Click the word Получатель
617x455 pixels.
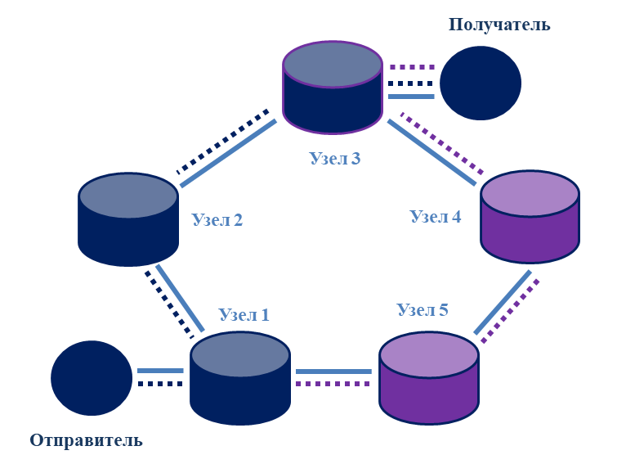499,25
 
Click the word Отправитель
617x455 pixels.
86,440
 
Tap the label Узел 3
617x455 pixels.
335,158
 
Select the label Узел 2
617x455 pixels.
217,219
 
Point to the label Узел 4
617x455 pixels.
436,216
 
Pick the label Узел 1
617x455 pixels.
244,314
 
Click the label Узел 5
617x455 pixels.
423,309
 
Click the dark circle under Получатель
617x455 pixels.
481,83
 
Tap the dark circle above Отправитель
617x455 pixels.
92,378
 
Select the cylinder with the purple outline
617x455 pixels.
333,88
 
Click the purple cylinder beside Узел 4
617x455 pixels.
530,217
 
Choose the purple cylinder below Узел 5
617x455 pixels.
429,378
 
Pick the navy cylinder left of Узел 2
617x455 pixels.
128,219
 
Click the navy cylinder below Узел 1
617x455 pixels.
240,379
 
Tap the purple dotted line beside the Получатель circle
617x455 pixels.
412,67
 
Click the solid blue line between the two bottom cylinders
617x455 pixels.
333,372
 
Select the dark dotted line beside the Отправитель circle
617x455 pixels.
160,384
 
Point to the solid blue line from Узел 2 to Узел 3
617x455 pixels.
228,153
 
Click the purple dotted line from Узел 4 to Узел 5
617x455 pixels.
511,311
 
